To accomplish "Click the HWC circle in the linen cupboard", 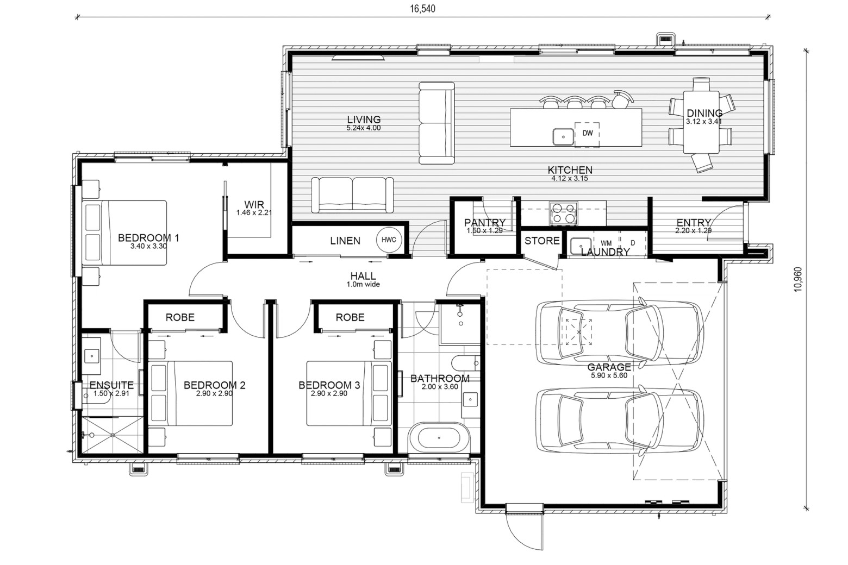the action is (389, 240).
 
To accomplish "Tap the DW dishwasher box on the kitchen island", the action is (587, 134).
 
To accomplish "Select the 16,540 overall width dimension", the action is (422, 9).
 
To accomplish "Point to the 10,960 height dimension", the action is (798, 279).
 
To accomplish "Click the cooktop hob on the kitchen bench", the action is (563, 214).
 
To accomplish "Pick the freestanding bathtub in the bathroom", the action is (439, 437).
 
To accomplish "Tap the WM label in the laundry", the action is (606, 243).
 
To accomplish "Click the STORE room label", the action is (542, 241).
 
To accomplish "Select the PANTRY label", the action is (484, 222).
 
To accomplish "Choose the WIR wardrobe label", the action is (254, 205).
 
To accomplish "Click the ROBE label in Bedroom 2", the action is (180, 317).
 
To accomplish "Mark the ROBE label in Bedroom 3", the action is (350, 317).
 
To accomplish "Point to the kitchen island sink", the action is (563, 136).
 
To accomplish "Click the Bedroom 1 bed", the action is (124, 233).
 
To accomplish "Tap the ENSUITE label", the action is (111, 385).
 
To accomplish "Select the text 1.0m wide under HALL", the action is (363, 284).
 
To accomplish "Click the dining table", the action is (701, 122).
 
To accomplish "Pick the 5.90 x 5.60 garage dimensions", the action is (609, 375).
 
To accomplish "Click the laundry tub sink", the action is (581, 246).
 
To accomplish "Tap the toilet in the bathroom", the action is (466, 363).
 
